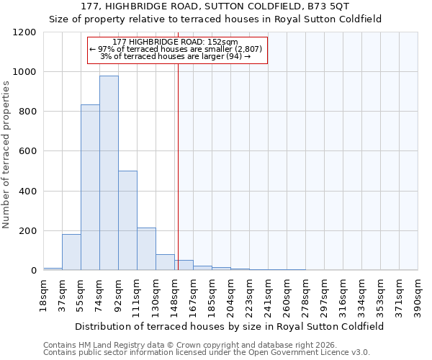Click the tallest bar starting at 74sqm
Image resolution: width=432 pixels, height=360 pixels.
point(109,173)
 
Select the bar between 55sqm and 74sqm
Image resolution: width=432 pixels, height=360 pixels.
point(90,187)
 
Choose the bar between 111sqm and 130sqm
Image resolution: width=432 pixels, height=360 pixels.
point(146,249)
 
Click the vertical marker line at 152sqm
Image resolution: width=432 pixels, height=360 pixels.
point(178,166)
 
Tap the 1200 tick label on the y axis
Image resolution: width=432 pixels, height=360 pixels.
point(24,32)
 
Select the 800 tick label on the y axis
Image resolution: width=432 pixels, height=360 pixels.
point(27,112)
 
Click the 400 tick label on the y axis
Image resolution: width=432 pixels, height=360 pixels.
point(27,192)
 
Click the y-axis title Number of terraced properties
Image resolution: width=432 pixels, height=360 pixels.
point(6,155)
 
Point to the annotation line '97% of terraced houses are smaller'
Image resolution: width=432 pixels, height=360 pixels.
point(177,49)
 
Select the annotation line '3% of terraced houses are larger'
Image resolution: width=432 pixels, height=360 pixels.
point(177,56)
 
